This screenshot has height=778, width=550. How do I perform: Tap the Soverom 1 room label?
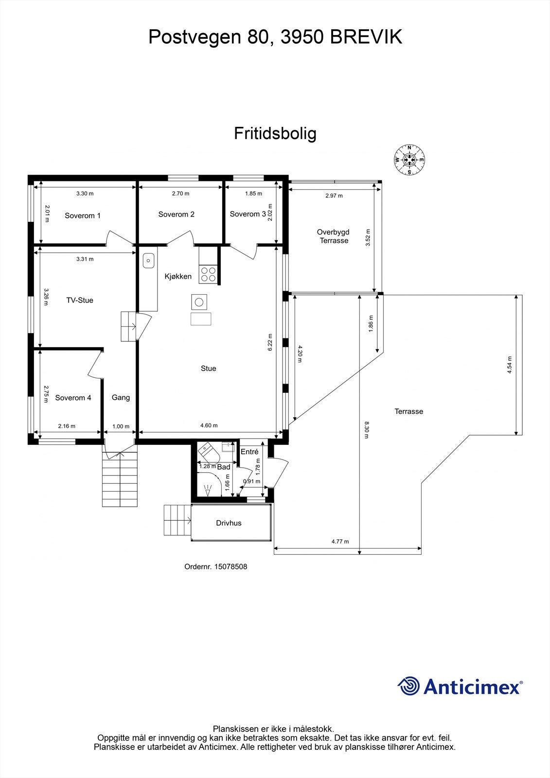click(83, 215)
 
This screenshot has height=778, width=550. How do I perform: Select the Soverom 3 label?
click(248, 214)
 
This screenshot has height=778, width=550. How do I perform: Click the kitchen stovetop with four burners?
click(209, 275)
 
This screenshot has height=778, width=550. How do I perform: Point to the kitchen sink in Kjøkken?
click(148, 261)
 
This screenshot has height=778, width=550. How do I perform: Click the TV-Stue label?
click(80, 300)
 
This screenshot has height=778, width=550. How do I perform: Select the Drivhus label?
click(229, 523)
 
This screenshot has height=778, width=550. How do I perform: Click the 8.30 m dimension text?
click(366, 430)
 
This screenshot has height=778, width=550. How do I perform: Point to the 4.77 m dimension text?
click(340, 541)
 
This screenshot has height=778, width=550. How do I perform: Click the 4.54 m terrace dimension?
click(509, 365)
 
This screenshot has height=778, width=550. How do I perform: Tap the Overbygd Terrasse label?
click(334, 236)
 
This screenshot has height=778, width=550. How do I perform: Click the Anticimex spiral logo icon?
click(409, 687)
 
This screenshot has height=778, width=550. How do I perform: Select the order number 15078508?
click(231, 566)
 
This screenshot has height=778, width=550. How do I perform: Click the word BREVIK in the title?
click(366, 37)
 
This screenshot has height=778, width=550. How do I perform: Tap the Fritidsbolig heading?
click(275, 133)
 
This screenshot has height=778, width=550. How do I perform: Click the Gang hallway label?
click(121, 397)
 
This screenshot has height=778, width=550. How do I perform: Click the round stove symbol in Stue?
click(199, 302)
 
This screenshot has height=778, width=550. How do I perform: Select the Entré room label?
click(249, 452)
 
